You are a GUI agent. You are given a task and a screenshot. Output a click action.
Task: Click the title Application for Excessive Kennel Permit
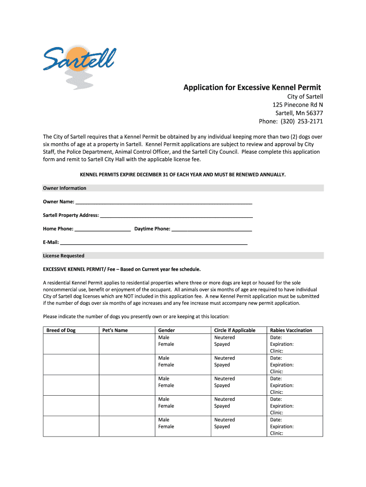click(x=252, y=88)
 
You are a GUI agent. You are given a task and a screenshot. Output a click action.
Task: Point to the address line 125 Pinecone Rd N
click(x=298, y=105)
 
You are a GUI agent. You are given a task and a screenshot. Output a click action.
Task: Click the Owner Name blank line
click(x=164, y=202)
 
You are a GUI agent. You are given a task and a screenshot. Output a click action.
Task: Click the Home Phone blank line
click(x=103, y=229)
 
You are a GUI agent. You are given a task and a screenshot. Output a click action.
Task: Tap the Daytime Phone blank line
click(x=212, y=229)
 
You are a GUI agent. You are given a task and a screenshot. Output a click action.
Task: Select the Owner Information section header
click(x=65, y=188)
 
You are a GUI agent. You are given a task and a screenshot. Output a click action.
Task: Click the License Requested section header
click(x=64, y=255)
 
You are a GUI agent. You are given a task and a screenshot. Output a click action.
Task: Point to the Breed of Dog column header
click(x=61, y=330)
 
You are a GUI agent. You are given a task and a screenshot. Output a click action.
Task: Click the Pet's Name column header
click(x=115, y=330)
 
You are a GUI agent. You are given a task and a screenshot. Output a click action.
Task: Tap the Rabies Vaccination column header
click(x=291, y=330)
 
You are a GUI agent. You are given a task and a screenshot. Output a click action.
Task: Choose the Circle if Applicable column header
click(x=235, y=330)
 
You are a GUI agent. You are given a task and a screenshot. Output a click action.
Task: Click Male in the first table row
click(x=164, y=337)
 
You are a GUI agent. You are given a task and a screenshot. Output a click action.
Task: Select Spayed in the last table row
click(x=222, y=427)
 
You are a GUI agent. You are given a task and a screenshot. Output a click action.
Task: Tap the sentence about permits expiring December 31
click(x=183, y=175)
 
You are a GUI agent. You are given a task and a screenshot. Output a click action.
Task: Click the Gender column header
click(x=166, y=330)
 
